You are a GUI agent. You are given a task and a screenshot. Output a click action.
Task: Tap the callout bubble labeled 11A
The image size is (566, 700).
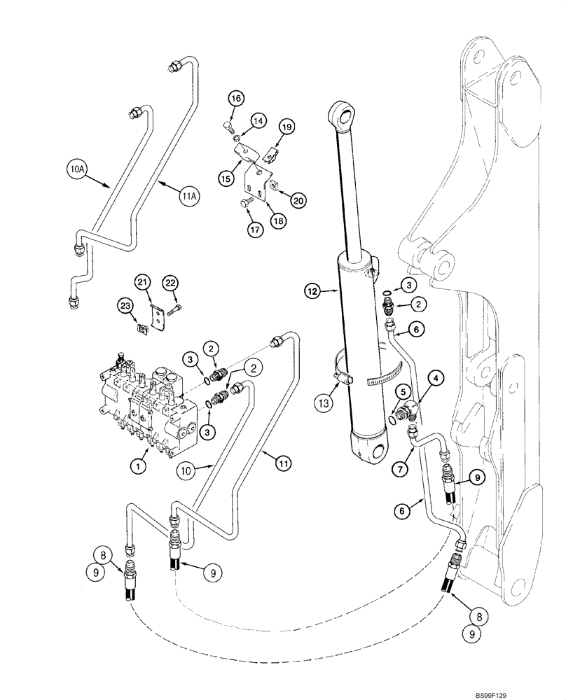coord(188,197)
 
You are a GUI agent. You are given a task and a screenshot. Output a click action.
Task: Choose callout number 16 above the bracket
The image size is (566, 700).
coord(235,99)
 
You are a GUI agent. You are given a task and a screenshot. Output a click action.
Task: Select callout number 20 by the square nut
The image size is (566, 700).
coord(298,200)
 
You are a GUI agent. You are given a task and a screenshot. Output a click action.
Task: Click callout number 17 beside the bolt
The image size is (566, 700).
coord(250,228)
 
